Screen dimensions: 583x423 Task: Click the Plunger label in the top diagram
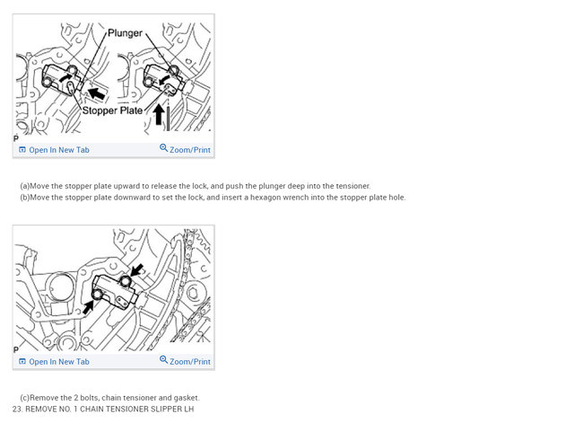pos(125,33)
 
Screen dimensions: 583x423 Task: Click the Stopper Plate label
pos(112,110)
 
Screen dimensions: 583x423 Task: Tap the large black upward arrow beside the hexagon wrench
pos(159,114)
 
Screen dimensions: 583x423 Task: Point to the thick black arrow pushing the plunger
pos(97,93)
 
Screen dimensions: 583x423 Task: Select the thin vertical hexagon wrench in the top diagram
pos(168,118)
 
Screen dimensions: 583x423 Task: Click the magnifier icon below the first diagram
pos(163,148)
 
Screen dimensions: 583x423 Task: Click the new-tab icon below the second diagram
pos(22,361)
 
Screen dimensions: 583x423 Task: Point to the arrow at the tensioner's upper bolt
pos(137,270)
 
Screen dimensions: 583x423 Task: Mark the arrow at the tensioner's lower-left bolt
pos(88,307)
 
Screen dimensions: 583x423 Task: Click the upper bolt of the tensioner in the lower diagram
pos(126,281)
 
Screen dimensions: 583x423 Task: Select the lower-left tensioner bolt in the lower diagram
pos(98,295)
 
